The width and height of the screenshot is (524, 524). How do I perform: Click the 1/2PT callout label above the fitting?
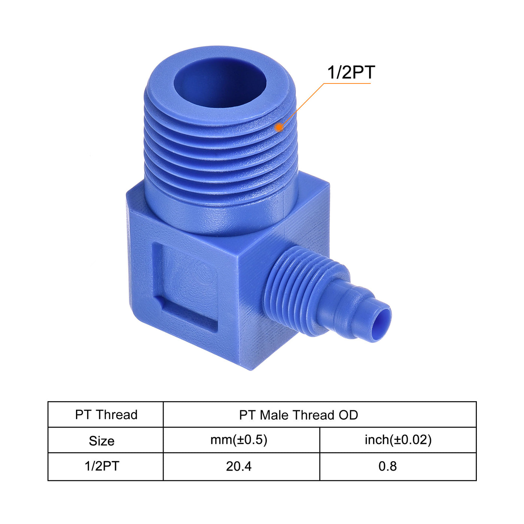click(x=351, y=72)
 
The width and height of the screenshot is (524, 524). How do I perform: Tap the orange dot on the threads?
click(x=279, y=128)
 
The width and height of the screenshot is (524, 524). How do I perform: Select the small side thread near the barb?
click(x=296, y=288)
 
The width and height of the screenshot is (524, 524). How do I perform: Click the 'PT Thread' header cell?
click(x=106, y=415)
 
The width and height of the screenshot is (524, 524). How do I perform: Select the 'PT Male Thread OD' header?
click(x=298, y=415)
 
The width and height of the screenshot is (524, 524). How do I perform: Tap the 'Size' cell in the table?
click(x=101, y=441)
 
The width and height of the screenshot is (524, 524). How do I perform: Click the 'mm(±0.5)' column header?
click(x=239, y=440)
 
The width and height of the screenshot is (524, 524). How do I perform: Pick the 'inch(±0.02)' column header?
click(x=398, y=440)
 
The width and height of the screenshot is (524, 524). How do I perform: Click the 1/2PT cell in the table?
click(x=101, y=466)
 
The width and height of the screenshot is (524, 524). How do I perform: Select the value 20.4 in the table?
click(x=239, y=466)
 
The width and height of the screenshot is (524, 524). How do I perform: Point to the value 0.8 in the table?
click(x=387, y=466)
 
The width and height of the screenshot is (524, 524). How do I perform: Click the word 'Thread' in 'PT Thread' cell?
click(x=116, y=415)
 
